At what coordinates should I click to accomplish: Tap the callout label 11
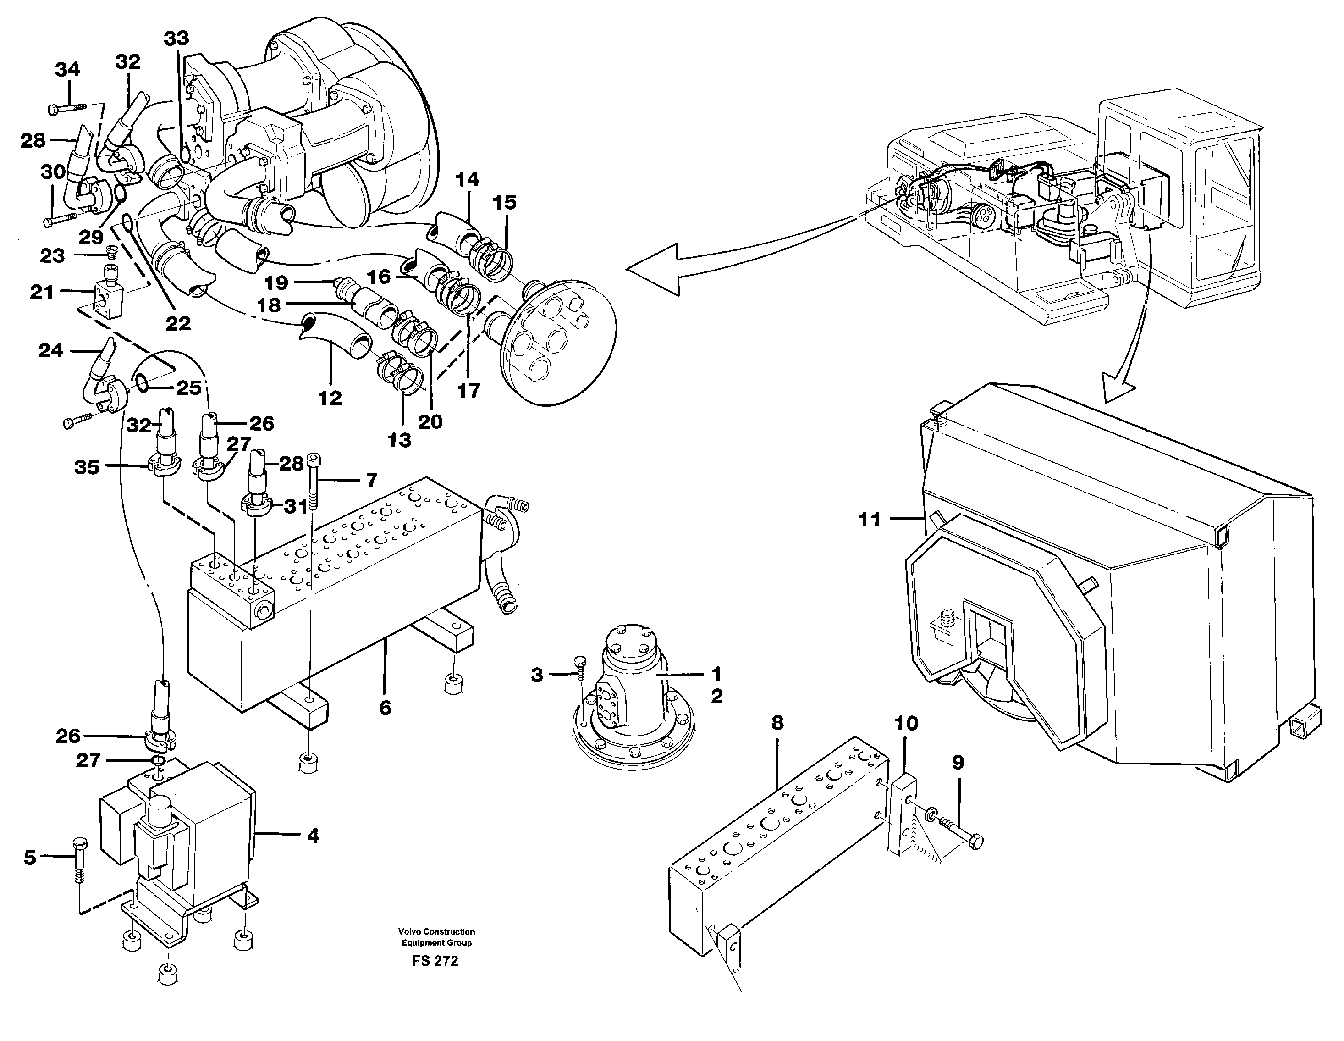click(870, 520)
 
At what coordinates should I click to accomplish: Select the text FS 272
click(435, 961)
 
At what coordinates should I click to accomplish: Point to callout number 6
click(385, 708)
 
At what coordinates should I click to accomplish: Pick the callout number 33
click(176, 38)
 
